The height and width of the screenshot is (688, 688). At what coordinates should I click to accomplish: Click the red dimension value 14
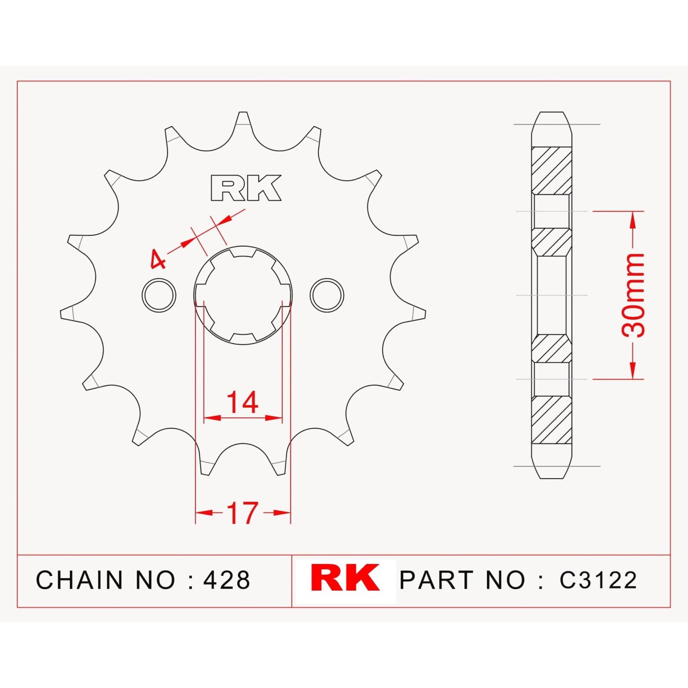[x=243, y=402]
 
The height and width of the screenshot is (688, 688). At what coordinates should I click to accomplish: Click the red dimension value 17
[x=243, y=513]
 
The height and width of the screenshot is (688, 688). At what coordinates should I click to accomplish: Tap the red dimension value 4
[x=158, y=259]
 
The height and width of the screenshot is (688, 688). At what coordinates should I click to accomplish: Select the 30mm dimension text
[x=633, y=295]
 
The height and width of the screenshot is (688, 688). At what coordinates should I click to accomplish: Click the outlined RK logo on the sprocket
[x=246, y=188]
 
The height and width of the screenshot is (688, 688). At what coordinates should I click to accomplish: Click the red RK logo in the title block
[x=344, y=578]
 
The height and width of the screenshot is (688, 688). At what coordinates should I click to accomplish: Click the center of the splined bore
[x=243, y=295]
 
